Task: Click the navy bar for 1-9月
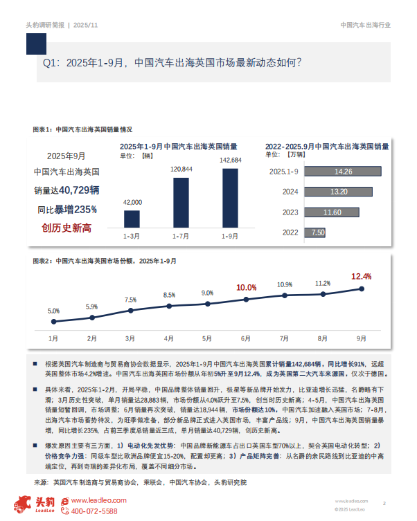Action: coord(230,198)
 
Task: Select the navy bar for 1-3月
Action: coord(132,219)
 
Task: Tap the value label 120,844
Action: coord(181,169)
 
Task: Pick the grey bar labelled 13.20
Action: coord(337,192)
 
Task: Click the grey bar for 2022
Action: coord(316,233)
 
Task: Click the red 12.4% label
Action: coord(361,276)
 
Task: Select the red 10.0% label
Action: coord(246,287)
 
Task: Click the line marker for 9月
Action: coord(362,289)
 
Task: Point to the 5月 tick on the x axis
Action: coord(207,338)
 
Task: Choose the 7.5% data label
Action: coord(130,300)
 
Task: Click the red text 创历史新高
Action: coord(66,228)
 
